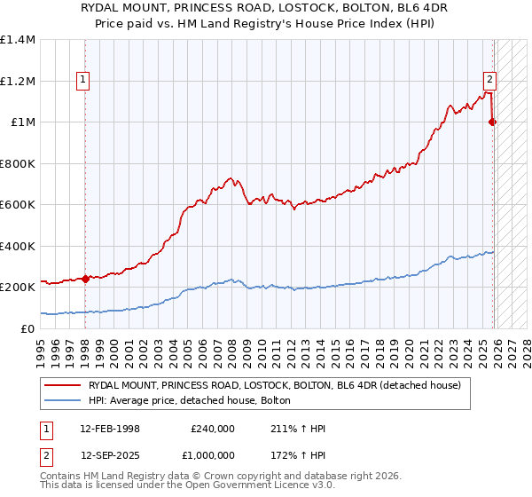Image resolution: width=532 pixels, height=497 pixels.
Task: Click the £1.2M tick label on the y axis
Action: point(18,81)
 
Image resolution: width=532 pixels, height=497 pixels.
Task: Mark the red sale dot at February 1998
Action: point(86,279)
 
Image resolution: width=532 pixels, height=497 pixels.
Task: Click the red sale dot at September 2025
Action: point(493,122)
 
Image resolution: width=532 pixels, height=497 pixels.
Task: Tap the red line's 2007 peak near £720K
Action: point(231,179)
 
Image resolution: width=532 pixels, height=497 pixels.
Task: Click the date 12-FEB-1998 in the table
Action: point(110,429)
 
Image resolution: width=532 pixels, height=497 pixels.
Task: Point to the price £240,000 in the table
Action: point(213,429)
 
